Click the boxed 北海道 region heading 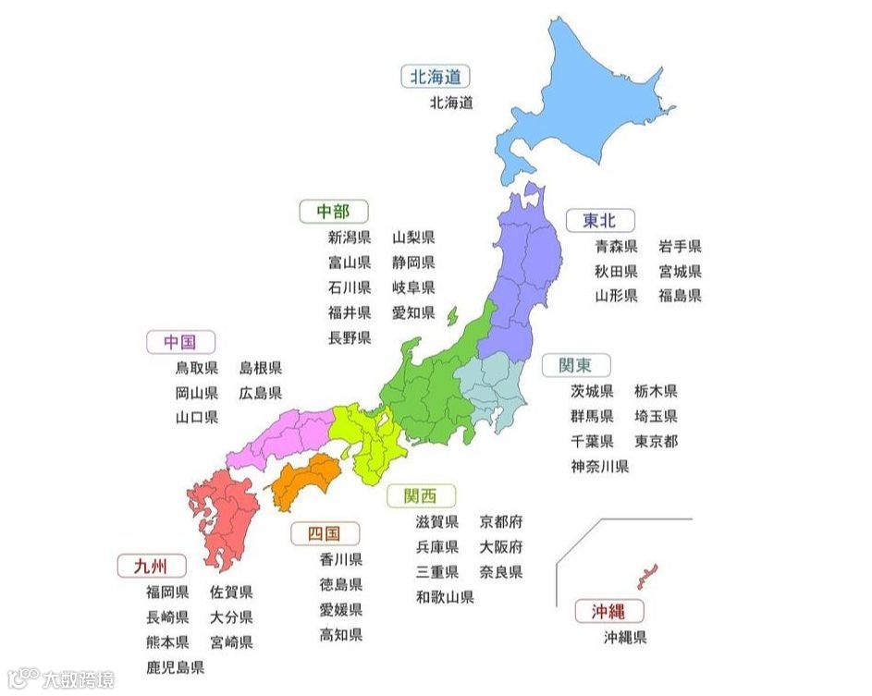coord(435,76)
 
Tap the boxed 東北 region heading coord(600,220)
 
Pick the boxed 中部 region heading coord(333,211)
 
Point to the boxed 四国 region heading coord(325,533)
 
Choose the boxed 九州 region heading coord(152,566)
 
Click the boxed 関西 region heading coord(422,495)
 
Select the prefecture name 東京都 coord(656,441)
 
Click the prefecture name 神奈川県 coord(599,466)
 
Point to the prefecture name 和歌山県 coord(444,597)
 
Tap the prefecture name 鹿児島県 coord(175,666)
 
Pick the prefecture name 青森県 coord(616,246)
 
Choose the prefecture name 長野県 coord(350,337)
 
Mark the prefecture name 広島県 coord(261,393)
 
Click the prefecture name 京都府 coord(501,522)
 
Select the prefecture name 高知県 coord(341,634)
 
